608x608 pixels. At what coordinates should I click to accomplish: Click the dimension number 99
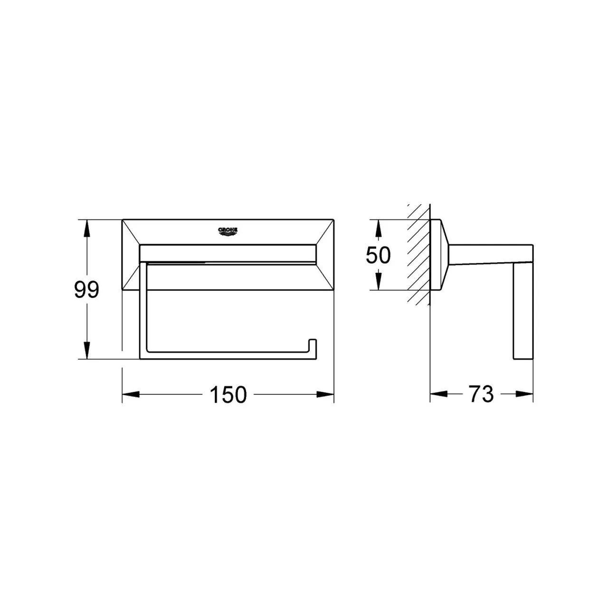[x=86, y=290]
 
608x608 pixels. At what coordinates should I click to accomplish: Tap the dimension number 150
[x=228, y=394]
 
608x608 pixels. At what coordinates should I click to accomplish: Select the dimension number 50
[x=378, y=255]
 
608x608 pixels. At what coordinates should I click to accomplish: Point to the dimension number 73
[x=482, y=394]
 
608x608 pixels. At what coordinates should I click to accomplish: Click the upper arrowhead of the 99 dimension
[x=87, y=228]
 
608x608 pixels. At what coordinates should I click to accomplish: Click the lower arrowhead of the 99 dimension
[x=87, y=350]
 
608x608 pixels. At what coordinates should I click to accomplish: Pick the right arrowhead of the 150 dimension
[x=325, y=394]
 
